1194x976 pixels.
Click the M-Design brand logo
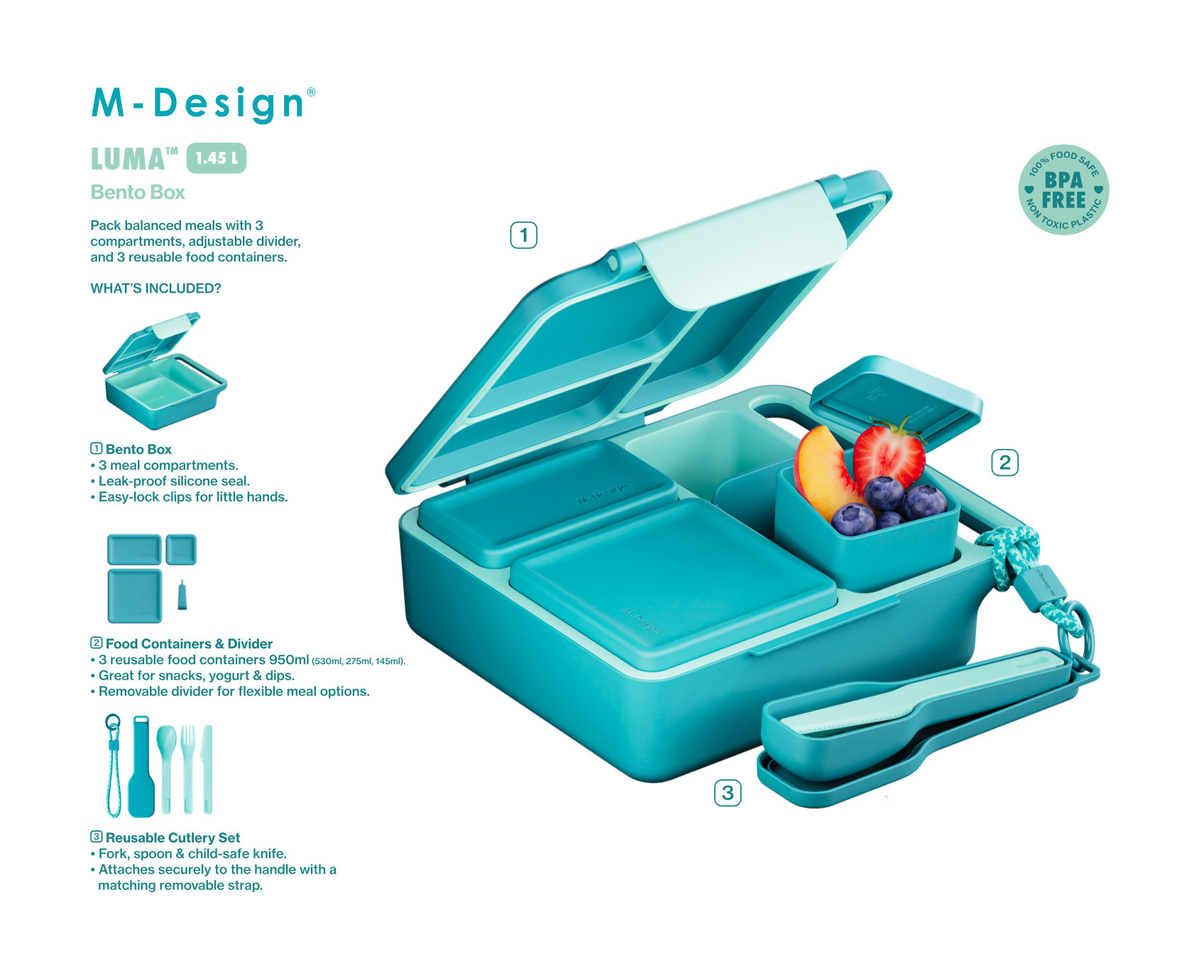coord(203,104)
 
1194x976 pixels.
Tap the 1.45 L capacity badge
coord(217,158)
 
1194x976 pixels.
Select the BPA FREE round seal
coord(1063,190)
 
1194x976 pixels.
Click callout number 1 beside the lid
coord(524,235)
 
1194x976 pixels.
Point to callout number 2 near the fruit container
coord(1004,462)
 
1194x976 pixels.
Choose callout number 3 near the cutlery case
coord(728,793)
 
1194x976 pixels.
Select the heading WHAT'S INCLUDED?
coord(155,288)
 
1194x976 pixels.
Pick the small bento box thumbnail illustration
coord(165,371)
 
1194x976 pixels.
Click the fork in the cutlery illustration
coord(187,769)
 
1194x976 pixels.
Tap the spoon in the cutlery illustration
coord(167,769)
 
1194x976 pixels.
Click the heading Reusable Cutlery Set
coord(172,837)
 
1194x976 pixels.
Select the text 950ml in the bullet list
coord(289,660)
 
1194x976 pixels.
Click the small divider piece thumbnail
coord(182,595)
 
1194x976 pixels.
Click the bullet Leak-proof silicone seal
coord(174,481)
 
